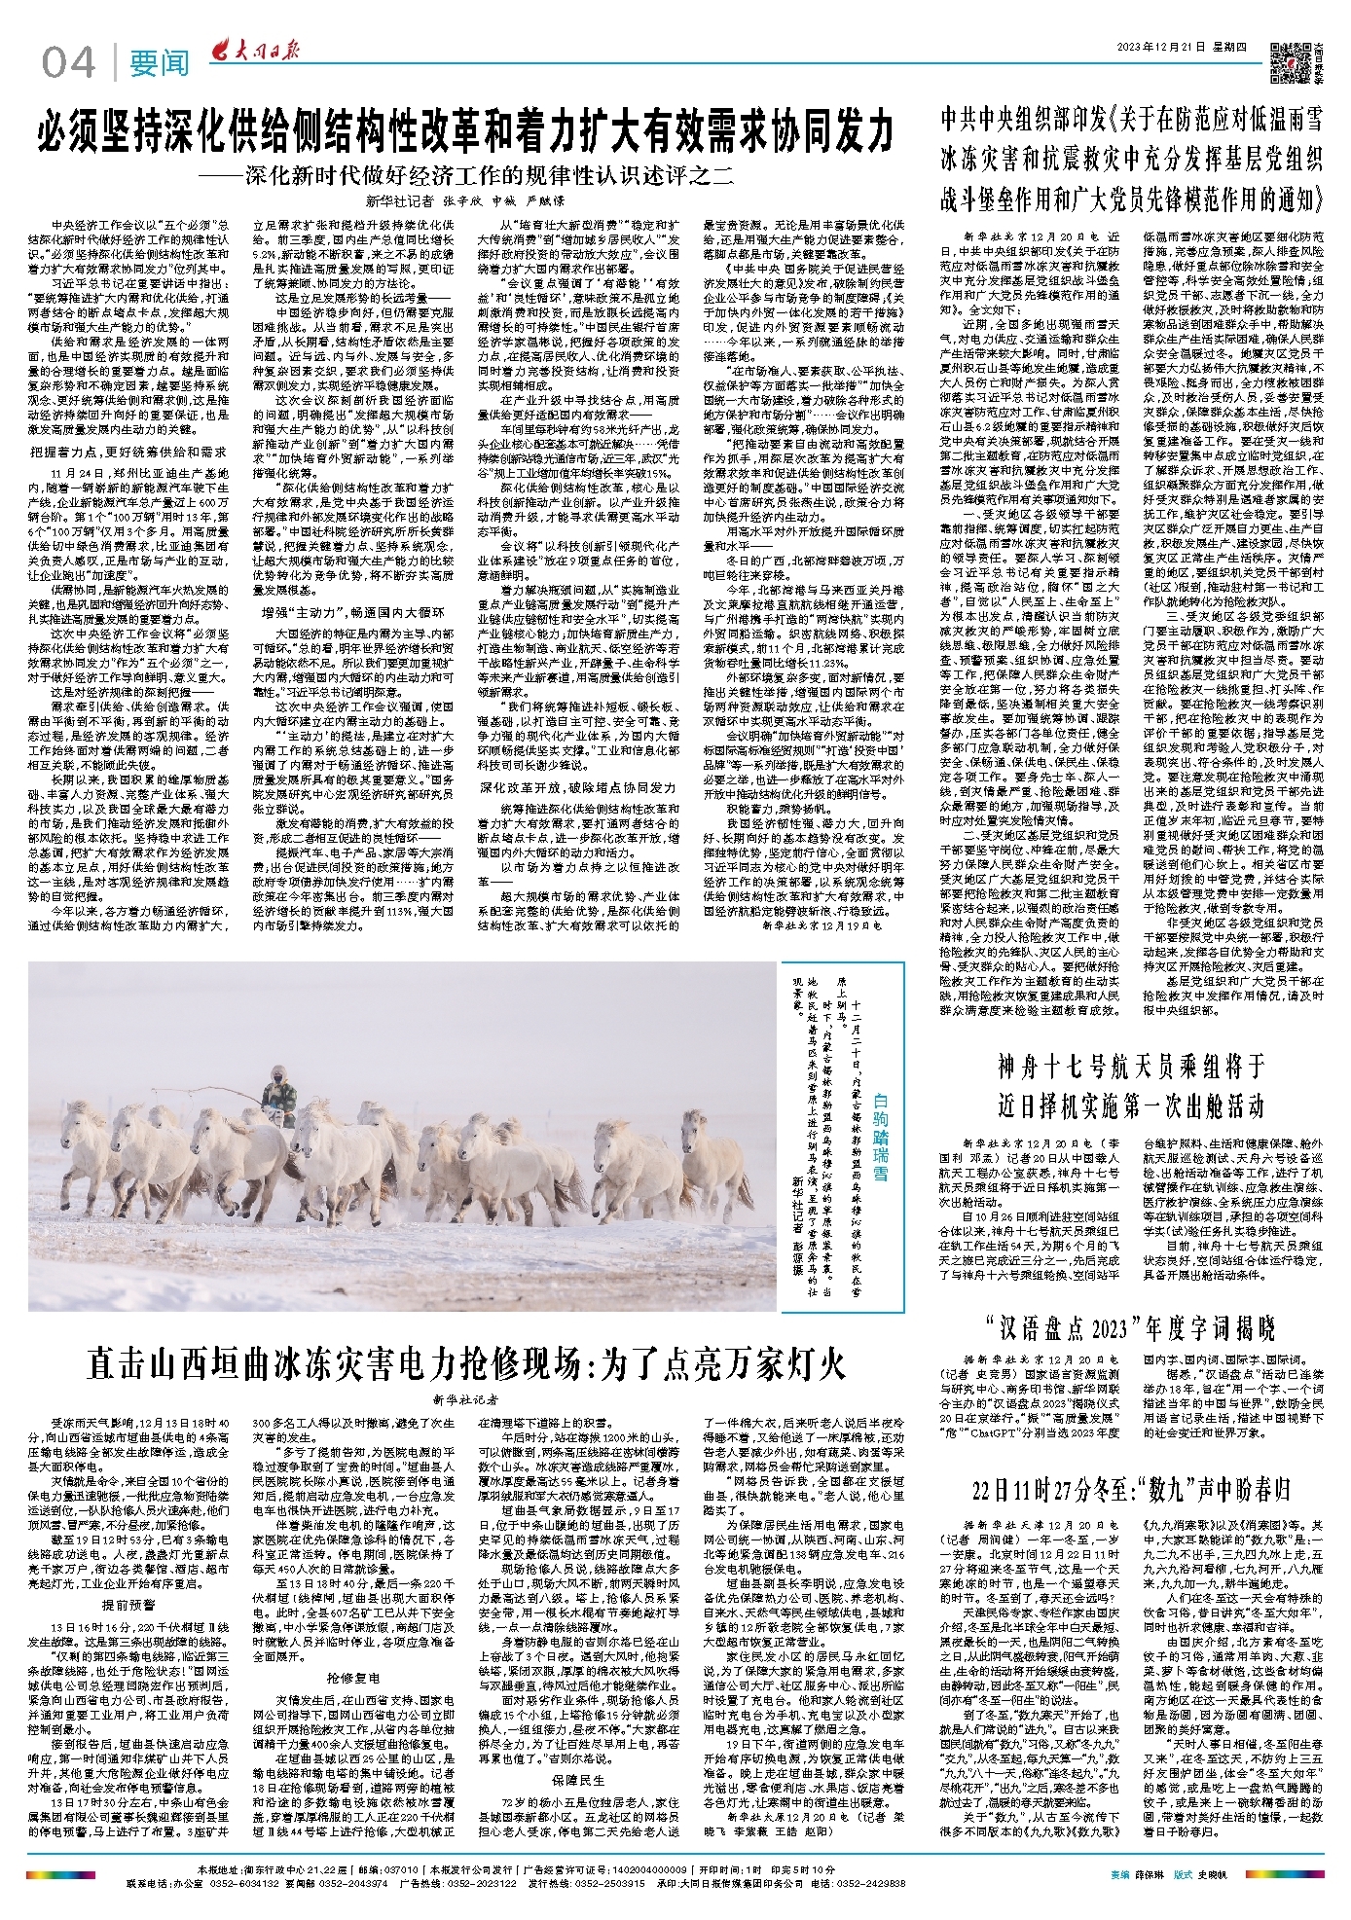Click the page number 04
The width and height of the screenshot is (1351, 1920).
[x=68, y=63]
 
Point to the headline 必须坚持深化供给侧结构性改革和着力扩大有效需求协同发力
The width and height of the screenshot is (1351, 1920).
[x=465, y=131]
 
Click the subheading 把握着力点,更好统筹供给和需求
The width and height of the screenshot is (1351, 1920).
[x=128, y=452]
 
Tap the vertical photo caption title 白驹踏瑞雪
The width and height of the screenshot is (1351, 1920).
[x=880, y=1135]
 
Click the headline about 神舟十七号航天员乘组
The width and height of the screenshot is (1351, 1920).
[x=1131, y=1086]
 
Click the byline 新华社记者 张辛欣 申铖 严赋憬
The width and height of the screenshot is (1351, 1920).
[x=465, y=201]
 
